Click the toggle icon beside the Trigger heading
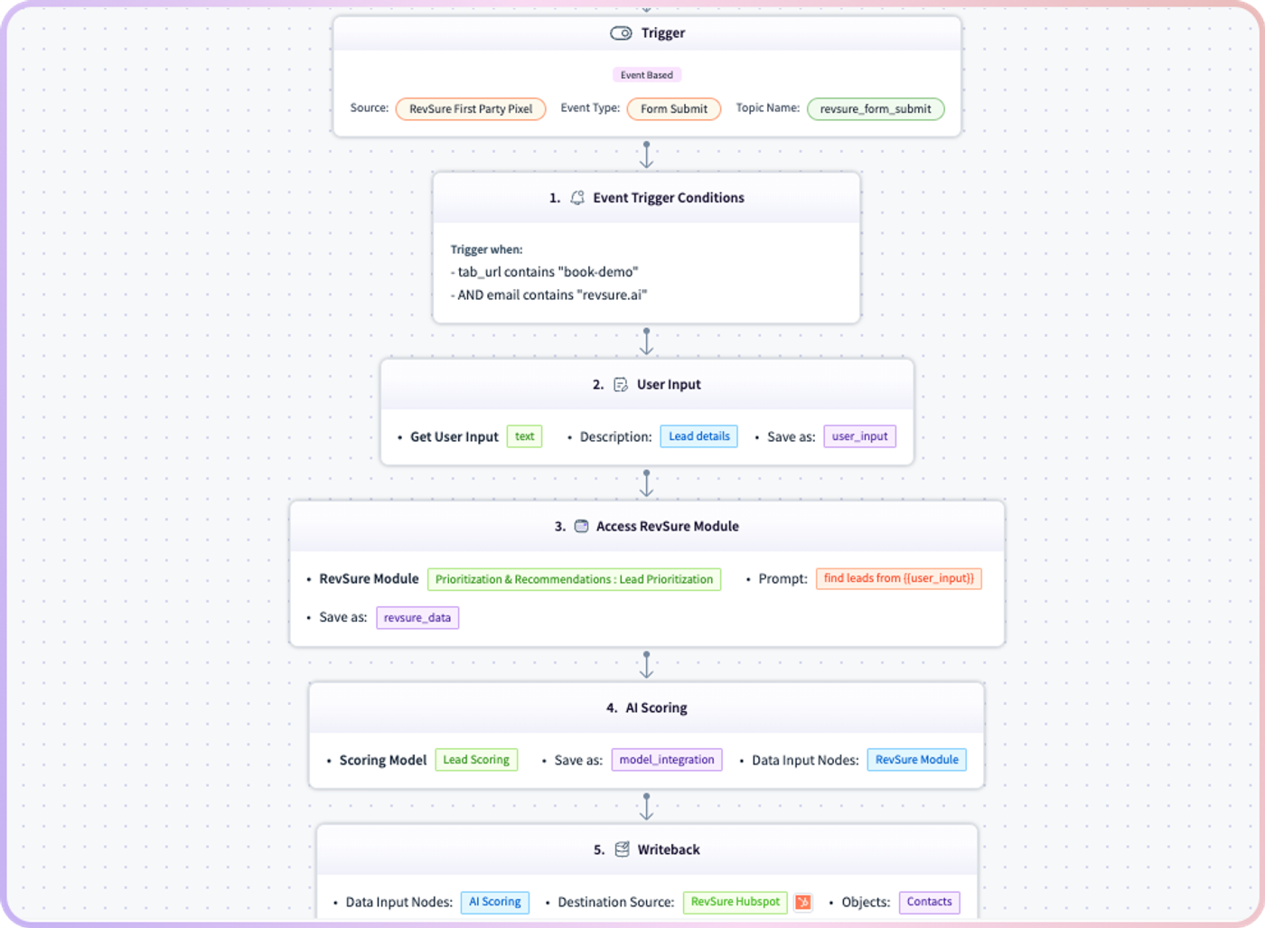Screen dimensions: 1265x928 pos(621,33)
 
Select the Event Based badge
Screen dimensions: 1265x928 pos(647,75)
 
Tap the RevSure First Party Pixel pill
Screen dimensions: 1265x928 pos(471,109)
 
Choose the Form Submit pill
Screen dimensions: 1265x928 pos(674,109)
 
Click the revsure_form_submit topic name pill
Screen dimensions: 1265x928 pos(876,109)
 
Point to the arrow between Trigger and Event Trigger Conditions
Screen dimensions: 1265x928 pos(647,155)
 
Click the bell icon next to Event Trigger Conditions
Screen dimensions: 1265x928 pos(577,198)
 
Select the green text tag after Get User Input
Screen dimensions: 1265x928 pos(524,436)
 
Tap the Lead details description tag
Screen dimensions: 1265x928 pos(698,436)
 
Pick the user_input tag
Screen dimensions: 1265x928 pos(859,436)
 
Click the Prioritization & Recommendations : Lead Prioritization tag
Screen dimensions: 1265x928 pos(574,579)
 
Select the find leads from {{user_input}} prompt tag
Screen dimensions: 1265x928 pos(898,578)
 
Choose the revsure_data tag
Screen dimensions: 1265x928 pos(417,618)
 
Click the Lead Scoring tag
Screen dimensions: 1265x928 pos(476,760)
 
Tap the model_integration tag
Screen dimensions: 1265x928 pos(667,760)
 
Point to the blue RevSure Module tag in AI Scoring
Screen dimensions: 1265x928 pos(916,760)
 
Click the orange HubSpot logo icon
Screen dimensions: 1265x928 pos(802,902)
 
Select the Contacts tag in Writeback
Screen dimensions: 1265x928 pos(929,902)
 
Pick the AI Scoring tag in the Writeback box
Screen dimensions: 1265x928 pos(495,902)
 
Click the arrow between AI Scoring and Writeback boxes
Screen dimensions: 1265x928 pos(647,807)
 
